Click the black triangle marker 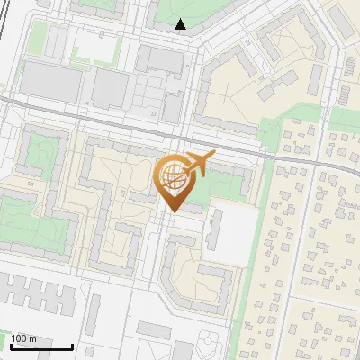181,24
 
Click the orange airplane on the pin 200,165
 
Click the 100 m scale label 24,338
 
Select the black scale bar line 41,346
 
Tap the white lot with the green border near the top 94,45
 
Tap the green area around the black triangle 193,13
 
